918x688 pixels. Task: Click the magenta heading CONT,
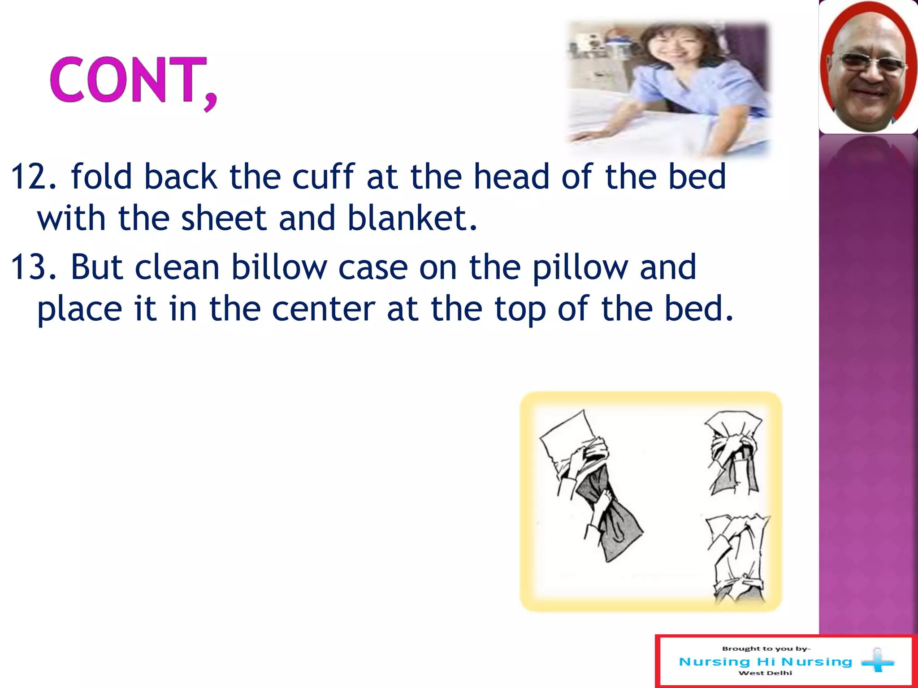tap(133, 81)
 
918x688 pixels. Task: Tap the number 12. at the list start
tap(34, 177)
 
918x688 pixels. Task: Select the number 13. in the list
tap(34, 267)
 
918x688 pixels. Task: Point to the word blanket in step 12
tap(411, 218)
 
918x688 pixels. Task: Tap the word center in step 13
tap(323, 309)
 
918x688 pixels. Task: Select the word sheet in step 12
tap(223, 218)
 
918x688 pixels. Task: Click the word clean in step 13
tap(177, 267)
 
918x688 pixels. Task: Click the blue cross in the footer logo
tap(878, 661)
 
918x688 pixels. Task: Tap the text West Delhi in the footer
tap(765, 673)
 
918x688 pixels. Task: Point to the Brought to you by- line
tap(766, 649)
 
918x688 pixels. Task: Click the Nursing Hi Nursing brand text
tap(766, 662)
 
